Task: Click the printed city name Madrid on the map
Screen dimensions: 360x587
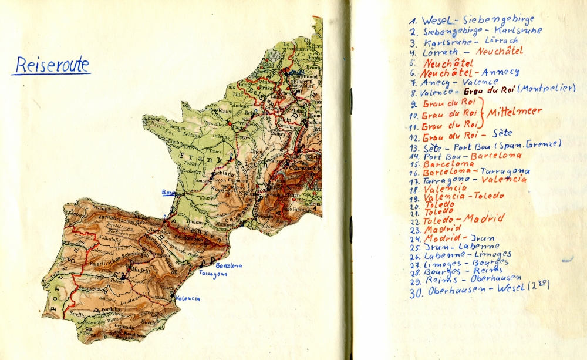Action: tap(141, 270)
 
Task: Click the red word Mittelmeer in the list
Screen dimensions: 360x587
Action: tap(514, 112)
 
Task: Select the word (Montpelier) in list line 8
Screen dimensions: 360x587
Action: tap(546, 88)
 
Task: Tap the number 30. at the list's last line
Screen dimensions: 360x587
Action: tap(417, 292)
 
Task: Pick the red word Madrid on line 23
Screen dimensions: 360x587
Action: tap(443, 229)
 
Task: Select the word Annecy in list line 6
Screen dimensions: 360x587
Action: tap(498, 72)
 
